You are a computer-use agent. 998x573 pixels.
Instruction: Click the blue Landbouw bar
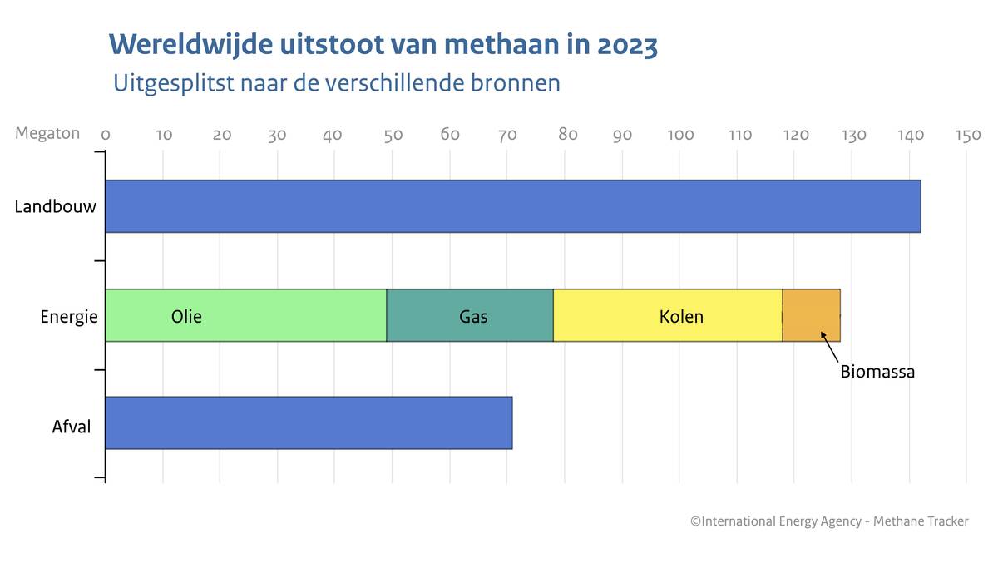click(512, 206)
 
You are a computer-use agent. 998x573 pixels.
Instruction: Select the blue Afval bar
click(309, 423)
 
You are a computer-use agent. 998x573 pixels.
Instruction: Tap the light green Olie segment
click(245, 316)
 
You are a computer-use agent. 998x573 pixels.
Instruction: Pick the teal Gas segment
click(470, 316)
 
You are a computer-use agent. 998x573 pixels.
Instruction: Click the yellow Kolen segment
click(668, 316)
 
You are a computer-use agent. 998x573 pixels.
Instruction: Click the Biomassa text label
click(877, 372)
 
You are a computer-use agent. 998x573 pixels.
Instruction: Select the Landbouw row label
click(55, 206)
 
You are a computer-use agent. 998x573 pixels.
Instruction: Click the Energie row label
click(69, 317)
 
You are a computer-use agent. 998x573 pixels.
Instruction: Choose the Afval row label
click(71, 427)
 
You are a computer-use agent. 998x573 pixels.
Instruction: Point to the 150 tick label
click(967, 135)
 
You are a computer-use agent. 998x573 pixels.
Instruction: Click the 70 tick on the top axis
click(507, 135)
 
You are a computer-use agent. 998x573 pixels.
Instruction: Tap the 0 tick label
click(106, 135)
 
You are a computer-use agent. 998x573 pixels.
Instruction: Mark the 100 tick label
click(680, 135)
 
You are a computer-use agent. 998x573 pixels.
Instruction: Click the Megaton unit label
click(47, 133)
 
